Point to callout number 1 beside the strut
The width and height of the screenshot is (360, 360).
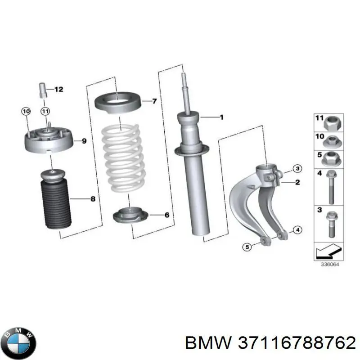point(221,117)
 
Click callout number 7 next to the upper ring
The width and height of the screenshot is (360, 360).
point(154,101)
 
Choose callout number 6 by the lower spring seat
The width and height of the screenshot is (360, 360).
point(166,215)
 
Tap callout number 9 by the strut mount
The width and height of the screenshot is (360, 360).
point(83,141)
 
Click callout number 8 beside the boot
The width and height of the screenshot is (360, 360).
point(93,198)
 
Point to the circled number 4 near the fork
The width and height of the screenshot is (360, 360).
point(297,230)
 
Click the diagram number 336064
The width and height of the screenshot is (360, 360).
point(329,265)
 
